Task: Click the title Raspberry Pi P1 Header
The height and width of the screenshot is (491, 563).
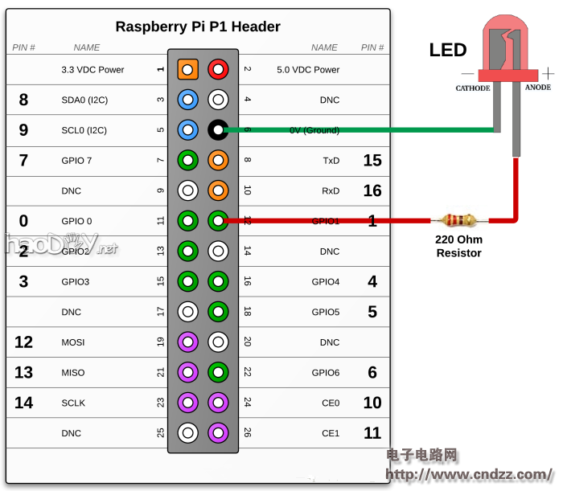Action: tap(198, 27)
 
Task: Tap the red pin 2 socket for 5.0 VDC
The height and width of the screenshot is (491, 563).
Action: tap(217, 69)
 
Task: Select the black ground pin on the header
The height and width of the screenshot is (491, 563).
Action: tap(217, 129)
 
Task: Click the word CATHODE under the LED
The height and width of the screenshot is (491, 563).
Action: tap(473, 88)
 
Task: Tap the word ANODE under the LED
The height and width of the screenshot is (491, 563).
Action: tap(537, 88)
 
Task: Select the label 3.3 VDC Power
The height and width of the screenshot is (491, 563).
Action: tap(92, 70)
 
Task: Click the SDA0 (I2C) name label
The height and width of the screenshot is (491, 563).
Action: tap(84, 100)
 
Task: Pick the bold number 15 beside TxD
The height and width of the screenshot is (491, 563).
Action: tap(372, 161)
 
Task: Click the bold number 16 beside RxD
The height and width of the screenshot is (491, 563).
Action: tap(372, 191)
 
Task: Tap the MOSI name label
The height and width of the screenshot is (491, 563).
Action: tap(72, 342)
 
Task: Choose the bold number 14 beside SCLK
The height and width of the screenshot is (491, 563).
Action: tap(24, 403)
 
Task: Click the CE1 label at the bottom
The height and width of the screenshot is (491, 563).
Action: tap(331, 433)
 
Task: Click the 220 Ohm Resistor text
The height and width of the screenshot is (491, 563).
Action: tap(458, 246)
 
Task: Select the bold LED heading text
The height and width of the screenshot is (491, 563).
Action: tap(448, 50)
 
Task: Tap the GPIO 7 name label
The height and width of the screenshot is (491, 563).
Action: tap(76, 161)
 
